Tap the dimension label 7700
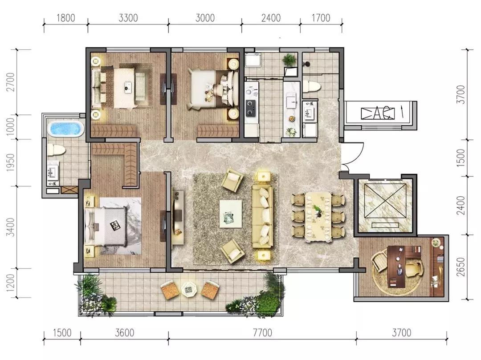[x=262, y=333]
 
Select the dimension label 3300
[x=128, y=18]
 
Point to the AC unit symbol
[x=377, y=113]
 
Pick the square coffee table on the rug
[x=231, y=213]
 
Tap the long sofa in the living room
[x=262, y=216]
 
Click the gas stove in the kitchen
[x=251, y=108]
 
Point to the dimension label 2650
[x=461, y=267]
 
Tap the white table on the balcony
[x=190, y=289]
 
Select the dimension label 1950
[x=11, y=162]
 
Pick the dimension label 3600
[x=125, y=333]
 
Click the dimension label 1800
[x=65, y=18]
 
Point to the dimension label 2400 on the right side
[x=461, y=205]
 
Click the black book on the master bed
[x=115, y=225]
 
